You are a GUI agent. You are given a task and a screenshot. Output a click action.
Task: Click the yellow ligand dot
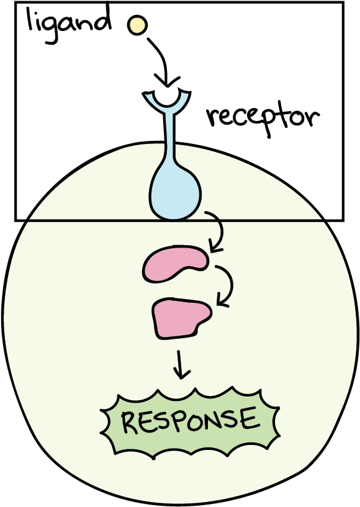(137, 25)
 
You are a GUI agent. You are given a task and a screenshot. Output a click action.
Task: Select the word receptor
(263, 115)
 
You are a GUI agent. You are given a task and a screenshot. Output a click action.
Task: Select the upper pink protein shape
(174, 264)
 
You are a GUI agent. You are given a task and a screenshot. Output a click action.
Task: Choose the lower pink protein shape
(181, 318)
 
